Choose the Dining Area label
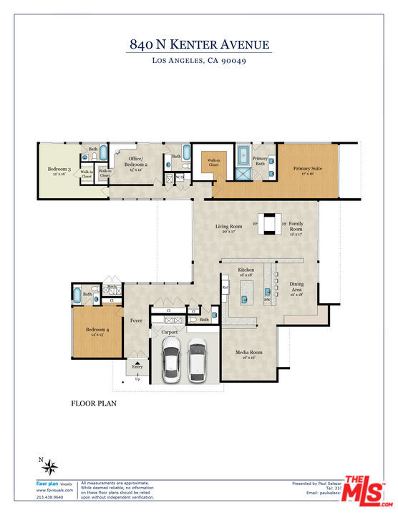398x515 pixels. tap(296, 287)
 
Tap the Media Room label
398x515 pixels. tap(251, 353)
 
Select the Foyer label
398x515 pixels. tap(136, 320)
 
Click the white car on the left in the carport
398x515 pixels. tap(172, 360)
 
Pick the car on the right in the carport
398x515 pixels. tap(197, 360)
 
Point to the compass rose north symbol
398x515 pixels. tap(49, 467)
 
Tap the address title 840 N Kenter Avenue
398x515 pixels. tap(199, 44)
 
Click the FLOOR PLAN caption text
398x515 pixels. tap(93, 403)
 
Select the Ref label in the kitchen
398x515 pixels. tap(225, 288)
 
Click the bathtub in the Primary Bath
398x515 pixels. tap(243, 152)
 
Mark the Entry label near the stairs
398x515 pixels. tap(137, 366)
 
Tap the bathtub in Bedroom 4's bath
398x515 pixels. tap(77, 294)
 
